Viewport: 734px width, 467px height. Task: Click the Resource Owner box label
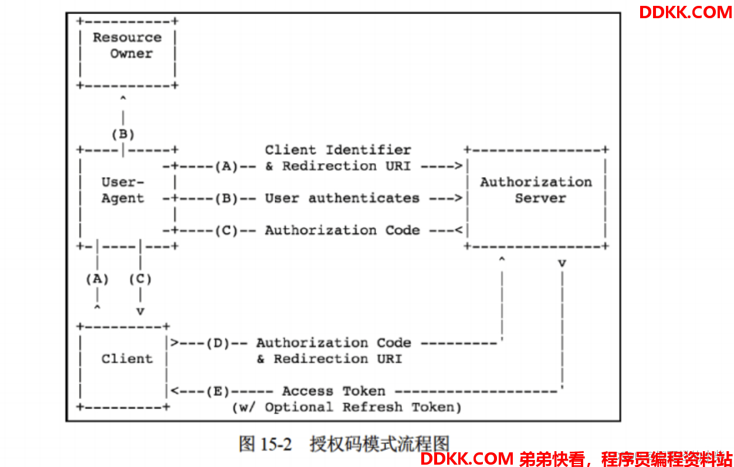click(x=127, y=45)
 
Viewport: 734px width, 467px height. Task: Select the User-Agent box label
click(x=123, y=190)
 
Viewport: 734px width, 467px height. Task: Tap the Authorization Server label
click(x=536, y=190)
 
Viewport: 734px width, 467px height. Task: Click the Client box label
click(x=127, y=358)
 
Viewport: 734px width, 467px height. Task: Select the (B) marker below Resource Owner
click(x=123, y=134)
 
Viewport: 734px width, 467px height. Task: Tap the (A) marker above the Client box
click(x=97, y=279)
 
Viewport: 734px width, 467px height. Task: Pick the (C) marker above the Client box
click(x=140, y=279)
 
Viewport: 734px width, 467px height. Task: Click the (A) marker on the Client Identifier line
click(x=226, y=166)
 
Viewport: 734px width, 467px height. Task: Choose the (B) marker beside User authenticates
click(x=226, y=198)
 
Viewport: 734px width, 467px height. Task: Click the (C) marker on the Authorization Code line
click(x=226, y=230)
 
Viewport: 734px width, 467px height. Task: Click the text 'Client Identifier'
click(x=338, y=150)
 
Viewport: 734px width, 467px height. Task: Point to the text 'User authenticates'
click(x=342, y=198)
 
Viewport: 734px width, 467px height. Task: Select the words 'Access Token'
click(x=334, y=391)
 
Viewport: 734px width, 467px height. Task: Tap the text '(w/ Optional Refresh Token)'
click(x=347, y=407)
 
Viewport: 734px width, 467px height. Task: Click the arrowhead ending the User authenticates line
click(x=458, y=198)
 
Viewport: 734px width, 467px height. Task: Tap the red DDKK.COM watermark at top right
click(x=685, y=12)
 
